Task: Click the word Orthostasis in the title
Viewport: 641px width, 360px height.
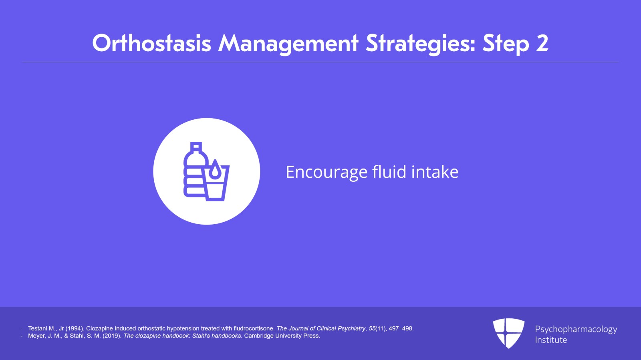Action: point(152,43)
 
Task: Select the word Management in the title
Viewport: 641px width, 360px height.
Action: point(288,44)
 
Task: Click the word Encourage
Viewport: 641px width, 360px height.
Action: point(327,173)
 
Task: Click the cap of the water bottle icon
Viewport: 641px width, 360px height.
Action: point(196,146)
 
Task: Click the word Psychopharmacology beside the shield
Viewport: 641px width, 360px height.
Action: point(576,330)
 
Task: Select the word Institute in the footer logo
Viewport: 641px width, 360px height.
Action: point(551,340)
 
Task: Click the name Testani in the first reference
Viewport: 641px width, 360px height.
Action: point(38,328)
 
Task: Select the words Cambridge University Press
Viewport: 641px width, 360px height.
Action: point(282,336)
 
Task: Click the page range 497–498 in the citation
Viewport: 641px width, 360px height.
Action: point(401,328)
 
